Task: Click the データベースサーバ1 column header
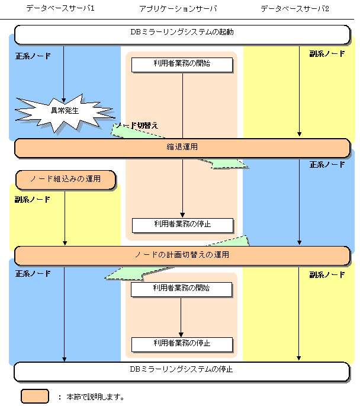60,9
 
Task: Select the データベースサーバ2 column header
294,9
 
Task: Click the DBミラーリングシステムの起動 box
182,34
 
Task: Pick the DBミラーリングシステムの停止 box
182,370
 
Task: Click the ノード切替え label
138,126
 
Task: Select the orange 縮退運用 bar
182,148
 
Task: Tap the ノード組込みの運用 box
65,179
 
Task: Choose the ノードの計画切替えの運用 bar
182,255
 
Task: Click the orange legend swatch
35,396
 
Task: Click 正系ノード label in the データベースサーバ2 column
327,164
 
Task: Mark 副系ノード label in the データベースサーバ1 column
33,199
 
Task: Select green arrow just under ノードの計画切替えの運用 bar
124,273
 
